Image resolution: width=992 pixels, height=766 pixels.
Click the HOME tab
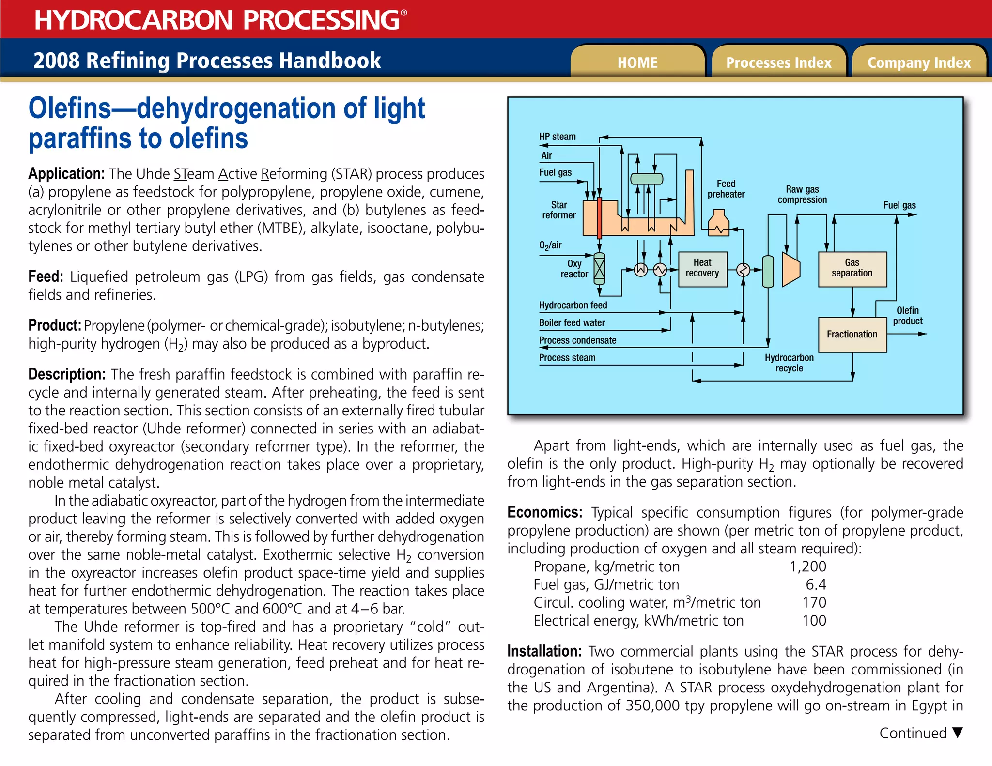click(x=637, y=62)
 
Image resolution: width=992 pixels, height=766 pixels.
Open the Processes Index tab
click(x=778, y=62)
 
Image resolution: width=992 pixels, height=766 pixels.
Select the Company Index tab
click(x=919, y=62)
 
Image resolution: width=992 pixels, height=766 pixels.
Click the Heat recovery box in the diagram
click(x=702, y=268)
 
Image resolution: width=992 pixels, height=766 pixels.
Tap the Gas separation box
click(x=852, y=268)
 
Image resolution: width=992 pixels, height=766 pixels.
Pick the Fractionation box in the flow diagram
click(x=852, y=334)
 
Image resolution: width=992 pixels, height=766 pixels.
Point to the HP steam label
click(x=558, y=137)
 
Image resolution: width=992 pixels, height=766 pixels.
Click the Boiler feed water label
click(x=572, y=322)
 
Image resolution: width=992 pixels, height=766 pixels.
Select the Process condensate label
click(x=577, y=340)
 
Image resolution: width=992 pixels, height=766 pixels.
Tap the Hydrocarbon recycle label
click(x=789, y=363)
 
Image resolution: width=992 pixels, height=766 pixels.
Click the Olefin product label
click(x=908, y=316)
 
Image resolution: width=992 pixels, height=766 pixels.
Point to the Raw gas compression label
click(x=802, y=194)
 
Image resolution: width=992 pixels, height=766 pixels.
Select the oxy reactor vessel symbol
click(x=600, y=268)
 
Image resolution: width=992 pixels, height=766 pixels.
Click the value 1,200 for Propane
click(x=808, y=567)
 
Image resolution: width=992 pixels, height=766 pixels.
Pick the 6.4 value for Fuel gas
click(x=816, y=584)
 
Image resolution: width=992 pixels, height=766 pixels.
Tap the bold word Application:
click(x=66, y=174)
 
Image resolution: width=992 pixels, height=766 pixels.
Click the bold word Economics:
click(x=544, y=512)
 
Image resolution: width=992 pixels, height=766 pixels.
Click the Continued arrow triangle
click(x=957, y=733)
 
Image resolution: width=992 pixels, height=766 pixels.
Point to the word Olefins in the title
click(x=70, y=108)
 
